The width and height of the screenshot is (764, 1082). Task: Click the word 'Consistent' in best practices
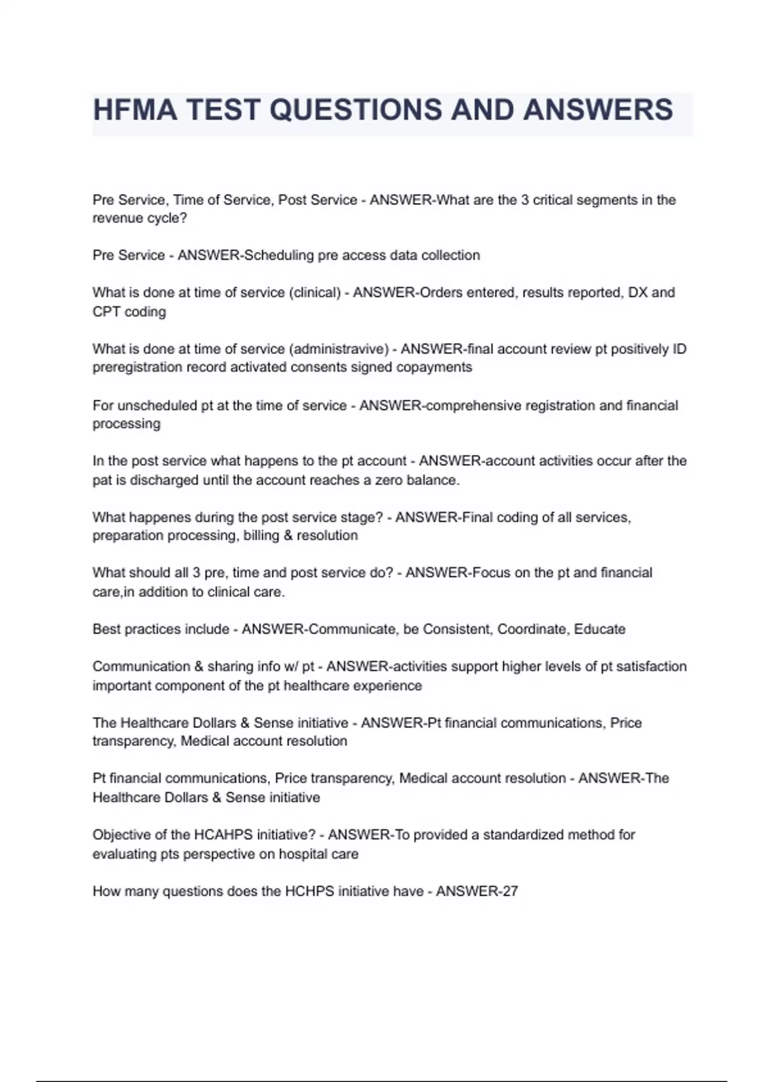point(457,629)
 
